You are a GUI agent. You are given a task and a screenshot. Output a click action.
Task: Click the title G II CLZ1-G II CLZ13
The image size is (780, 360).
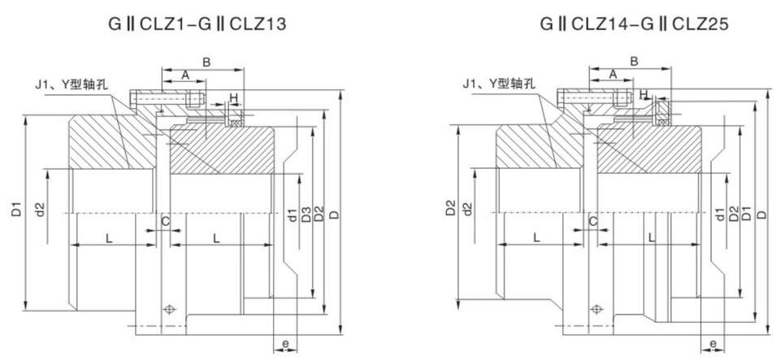click(x=197, y=24)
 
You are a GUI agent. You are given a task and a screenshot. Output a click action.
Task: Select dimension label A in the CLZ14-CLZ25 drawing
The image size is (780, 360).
click(x=613, y=75)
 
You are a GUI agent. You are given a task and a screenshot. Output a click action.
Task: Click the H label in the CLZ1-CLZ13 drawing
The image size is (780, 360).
click(x=234, y=98)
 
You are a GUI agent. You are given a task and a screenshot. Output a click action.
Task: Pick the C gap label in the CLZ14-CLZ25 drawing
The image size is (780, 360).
click(x=593, y=220)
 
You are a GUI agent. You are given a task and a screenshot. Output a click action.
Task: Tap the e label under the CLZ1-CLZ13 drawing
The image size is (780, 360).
click(x=286, y=344)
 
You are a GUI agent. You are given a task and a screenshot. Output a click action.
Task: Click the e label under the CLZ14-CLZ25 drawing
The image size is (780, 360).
click(x=713, y=344)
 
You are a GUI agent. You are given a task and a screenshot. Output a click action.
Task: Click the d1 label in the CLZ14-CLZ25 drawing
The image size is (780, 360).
click(x=720, y=215)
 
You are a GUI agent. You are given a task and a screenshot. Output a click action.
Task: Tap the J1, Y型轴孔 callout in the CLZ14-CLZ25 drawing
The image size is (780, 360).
click(x=497, y=83)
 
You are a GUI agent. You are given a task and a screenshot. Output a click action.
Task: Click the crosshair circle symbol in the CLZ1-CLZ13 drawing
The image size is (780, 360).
click(x=169, y=309)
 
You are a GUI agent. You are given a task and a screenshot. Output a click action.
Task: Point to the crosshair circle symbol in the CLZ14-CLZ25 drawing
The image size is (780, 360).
click(x=597, y=309)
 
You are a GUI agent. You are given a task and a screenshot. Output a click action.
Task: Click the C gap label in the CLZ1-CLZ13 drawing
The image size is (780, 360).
click(x=165, y=220)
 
